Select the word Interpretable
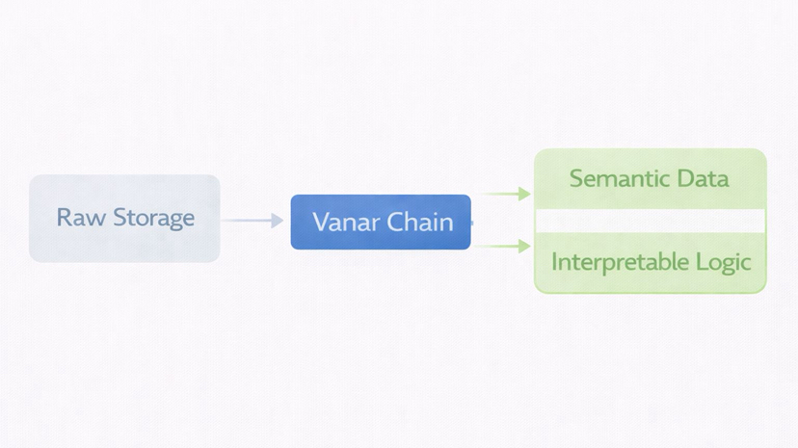click(x=613, y=262)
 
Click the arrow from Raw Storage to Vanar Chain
click(x=253, y=221)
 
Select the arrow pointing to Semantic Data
click(x=505, y=194)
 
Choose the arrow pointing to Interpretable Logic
click(x=505, y=247)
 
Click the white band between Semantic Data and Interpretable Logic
click(x=651, y=222)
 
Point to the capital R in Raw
click(x=64, y=218)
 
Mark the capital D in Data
click(x=687, y=178)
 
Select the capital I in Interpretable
click(x=553, y=261)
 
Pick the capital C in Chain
click(x=391, y=223)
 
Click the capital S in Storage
click(x=120, y=218)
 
